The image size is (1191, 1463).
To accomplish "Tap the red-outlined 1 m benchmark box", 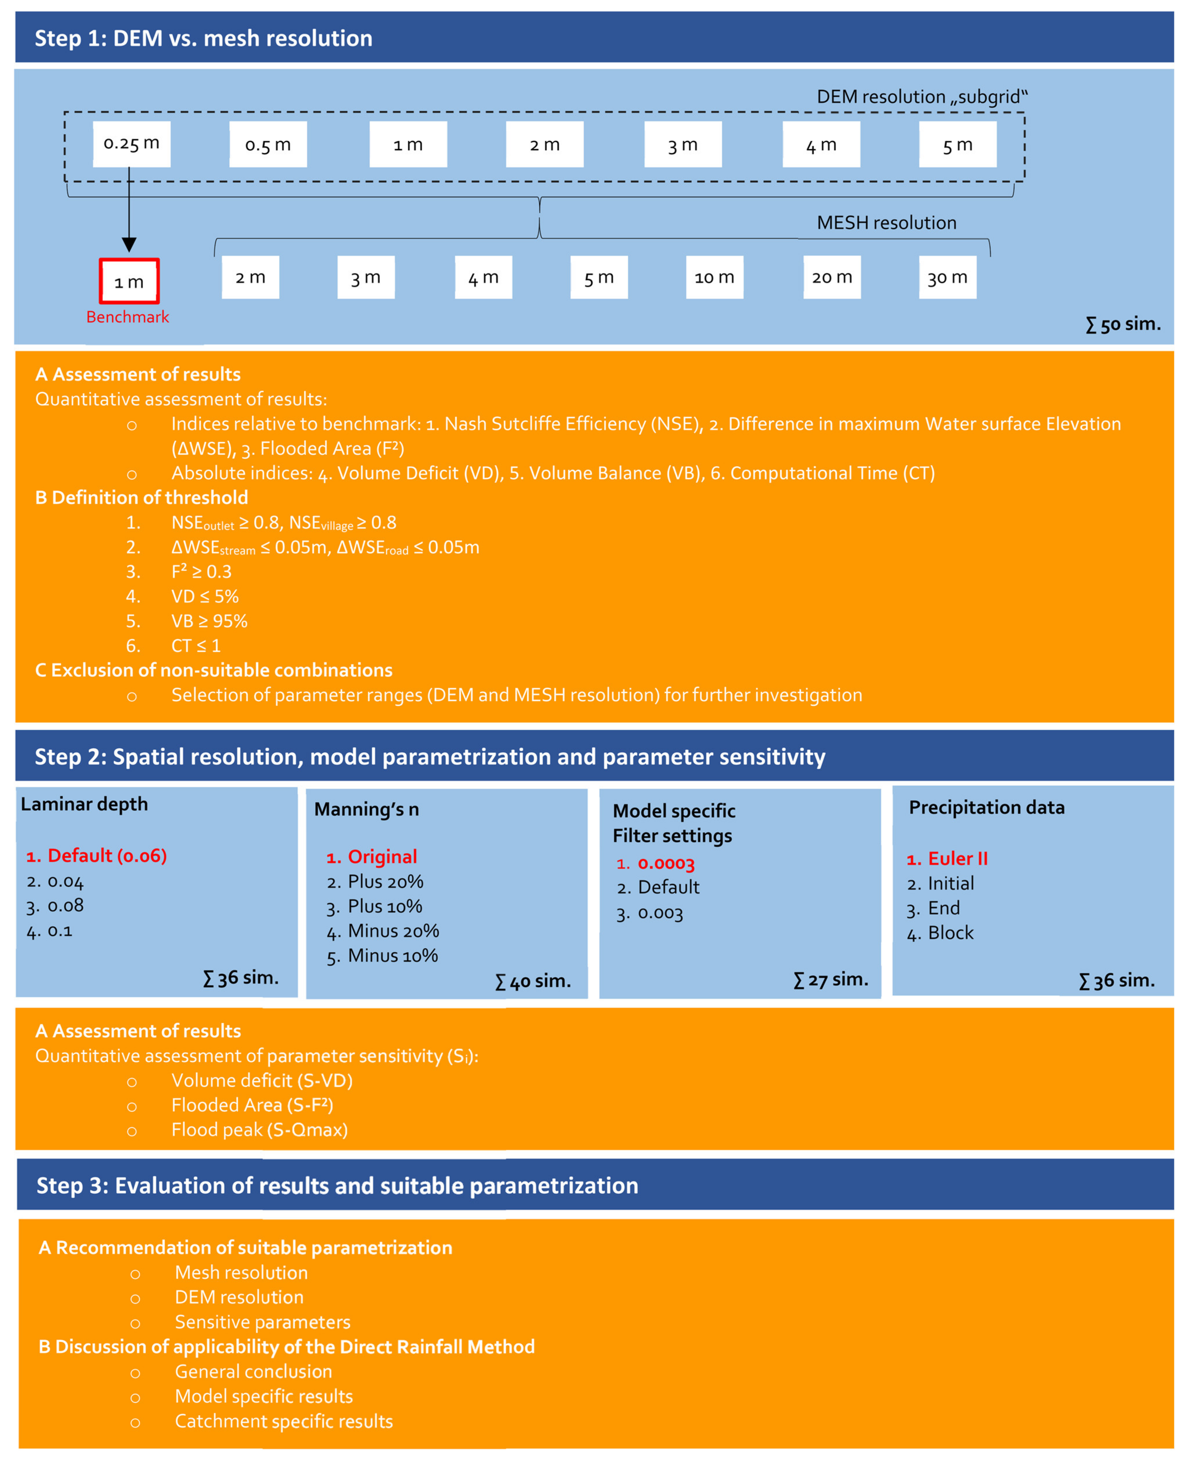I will pyautogui.click(x=129, y=281).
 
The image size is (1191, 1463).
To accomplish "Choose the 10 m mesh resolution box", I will pyautogui.click(x=714, y=277).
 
